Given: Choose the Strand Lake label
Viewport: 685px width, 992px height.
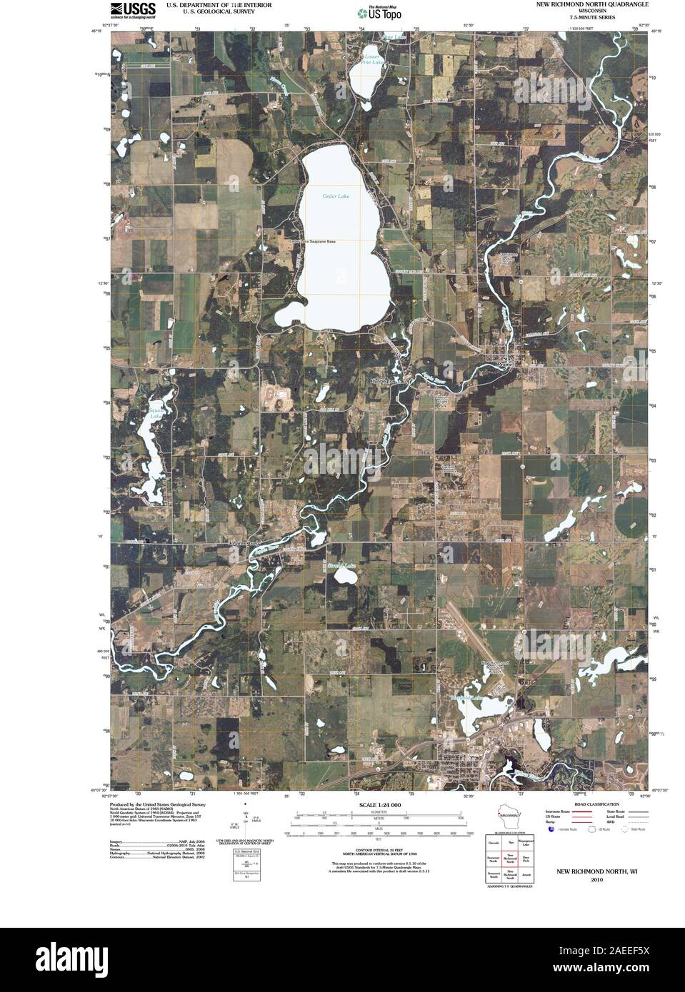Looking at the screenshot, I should point(341,566).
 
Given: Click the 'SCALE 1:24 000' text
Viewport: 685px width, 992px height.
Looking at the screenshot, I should point(375,804).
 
